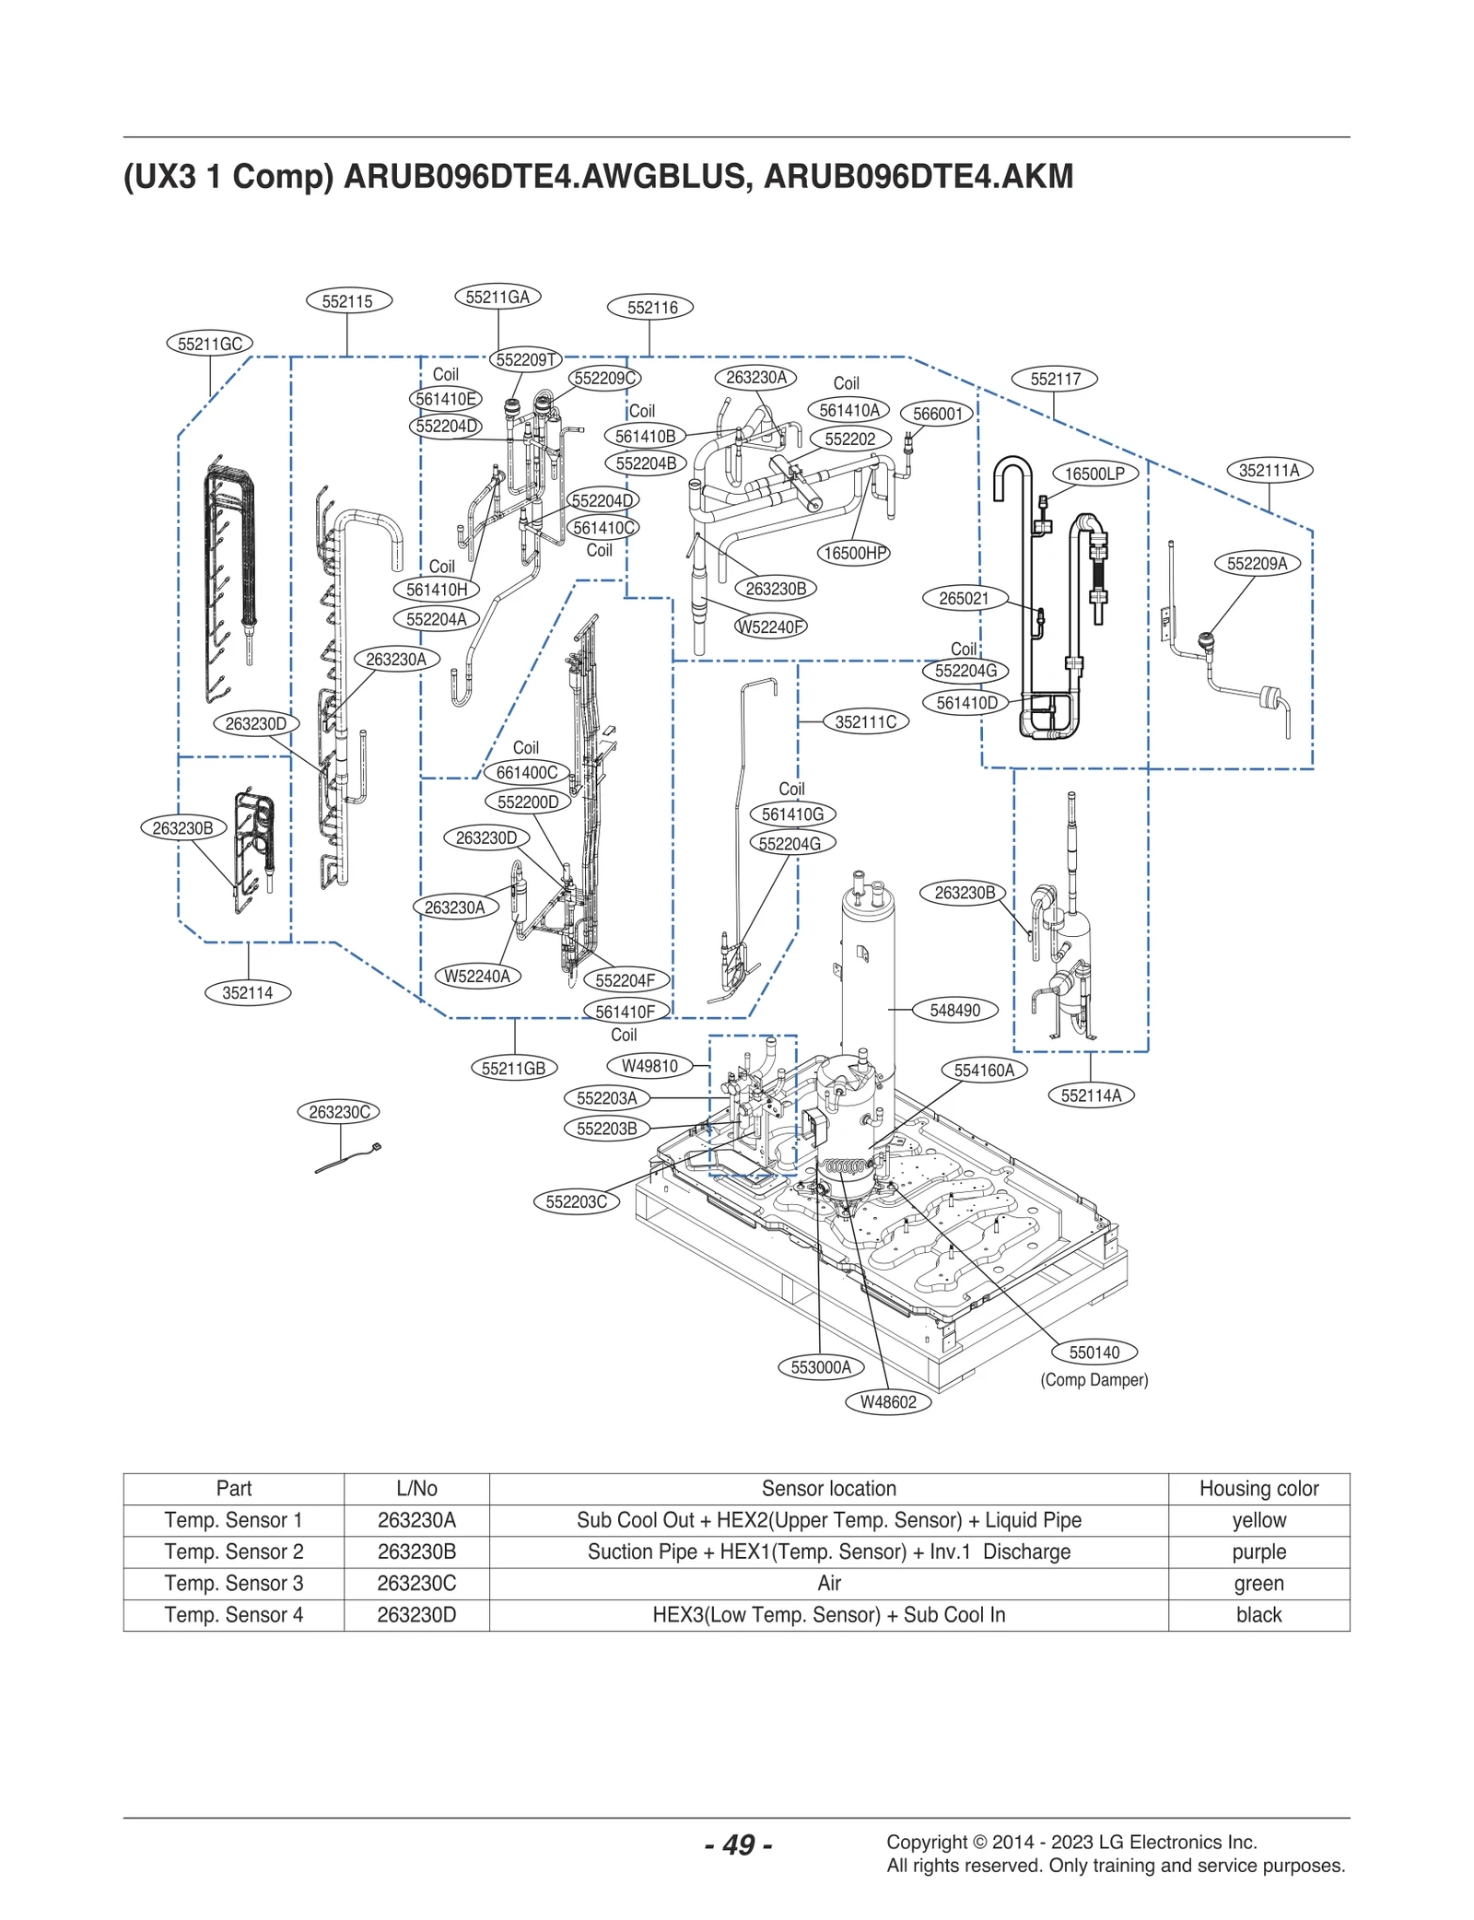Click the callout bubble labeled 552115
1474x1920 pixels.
click(348, 301)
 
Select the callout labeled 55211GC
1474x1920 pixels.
click(210, 344)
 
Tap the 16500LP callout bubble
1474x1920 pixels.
click(1094, 474)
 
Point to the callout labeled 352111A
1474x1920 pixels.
click(1269, 470)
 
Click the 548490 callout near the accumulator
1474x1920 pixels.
click(954, 1010)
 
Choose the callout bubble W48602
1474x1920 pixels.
click(888, 1402)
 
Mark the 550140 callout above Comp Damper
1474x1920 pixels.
click(1094, 1352)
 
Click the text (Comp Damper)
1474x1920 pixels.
click(1094, 1379)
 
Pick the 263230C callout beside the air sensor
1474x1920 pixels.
click(339, 1112)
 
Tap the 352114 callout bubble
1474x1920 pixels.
click(247, 992)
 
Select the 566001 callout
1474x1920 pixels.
click(937, 414)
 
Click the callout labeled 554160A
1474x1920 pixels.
click(984, 1070)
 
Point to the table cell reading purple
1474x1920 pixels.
click(1258, 1551)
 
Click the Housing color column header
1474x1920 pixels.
click(1258, 1488)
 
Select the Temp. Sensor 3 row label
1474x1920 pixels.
click(233, 1583)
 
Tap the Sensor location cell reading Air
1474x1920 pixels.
click(828, 1583)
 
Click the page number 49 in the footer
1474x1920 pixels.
click(738, 1844)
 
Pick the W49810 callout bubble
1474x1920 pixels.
click(649, 1066)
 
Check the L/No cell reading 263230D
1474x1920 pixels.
click(416, 1614)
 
